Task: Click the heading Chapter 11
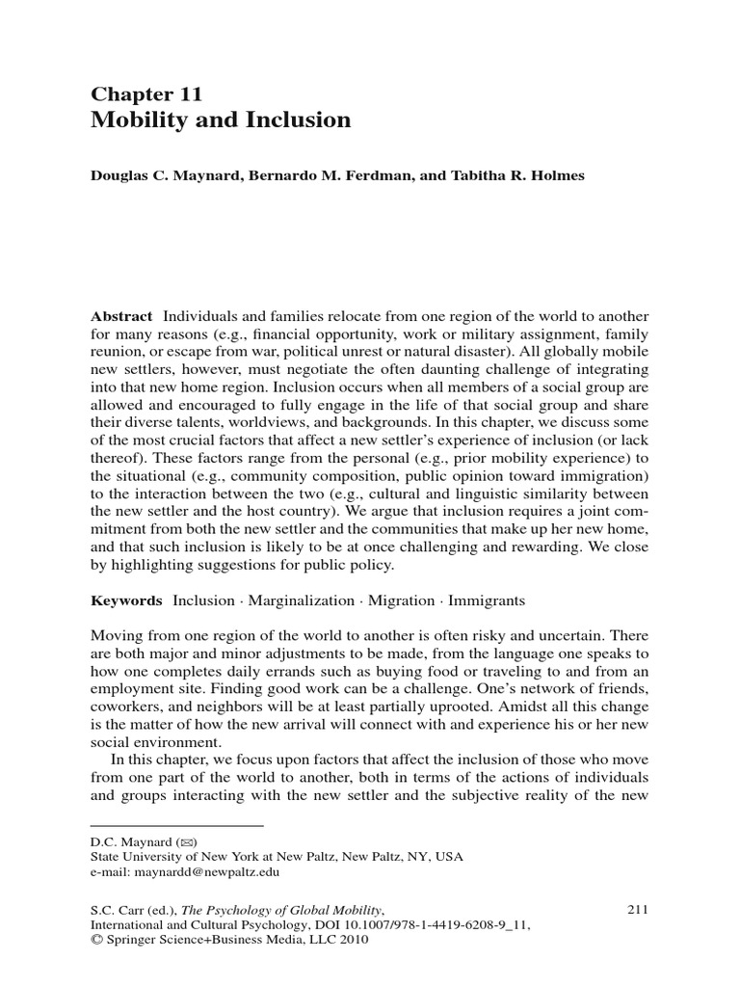point(145,93)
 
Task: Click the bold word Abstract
point(121,317)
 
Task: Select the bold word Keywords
point(126,600)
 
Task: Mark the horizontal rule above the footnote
point(176,825)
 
